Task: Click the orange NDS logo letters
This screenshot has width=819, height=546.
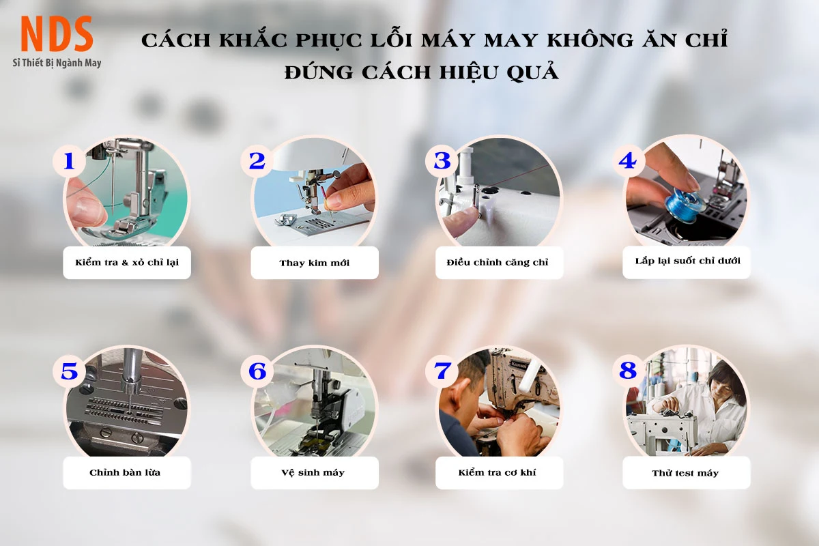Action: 57,33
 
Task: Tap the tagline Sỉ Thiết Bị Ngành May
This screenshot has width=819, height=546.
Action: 57,63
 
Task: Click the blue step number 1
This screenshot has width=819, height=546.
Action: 69,161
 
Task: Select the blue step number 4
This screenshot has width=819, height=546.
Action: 627,161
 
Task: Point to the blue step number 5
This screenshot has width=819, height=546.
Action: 69,371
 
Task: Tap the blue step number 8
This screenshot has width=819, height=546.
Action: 628,371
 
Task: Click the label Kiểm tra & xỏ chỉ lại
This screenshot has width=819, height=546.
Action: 127,262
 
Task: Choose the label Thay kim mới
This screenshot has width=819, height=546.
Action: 315,263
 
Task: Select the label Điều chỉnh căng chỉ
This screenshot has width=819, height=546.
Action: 498,262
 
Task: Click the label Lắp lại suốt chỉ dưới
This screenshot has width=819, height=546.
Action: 687,261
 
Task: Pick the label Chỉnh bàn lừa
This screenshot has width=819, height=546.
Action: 125,472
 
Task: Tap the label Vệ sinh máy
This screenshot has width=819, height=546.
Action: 313,472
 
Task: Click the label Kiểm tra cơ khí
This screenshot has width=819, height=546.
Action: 498,472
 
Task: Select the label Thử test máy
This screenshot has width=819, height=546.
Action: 685,473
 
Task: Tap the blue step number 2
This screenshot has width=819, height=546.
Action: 257,161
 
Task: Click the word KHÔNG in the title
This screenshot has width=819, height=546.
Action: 590,40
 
